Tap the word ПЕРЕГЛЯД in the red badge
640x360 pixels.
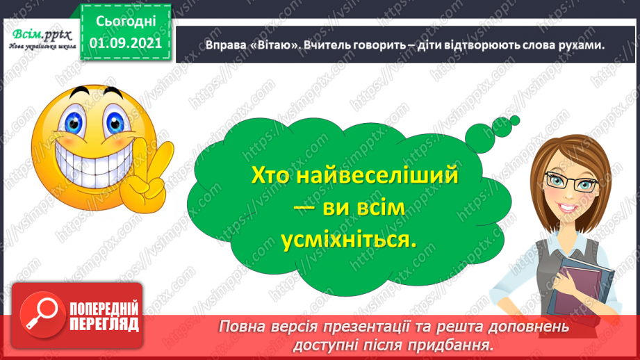click(104, 325)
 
